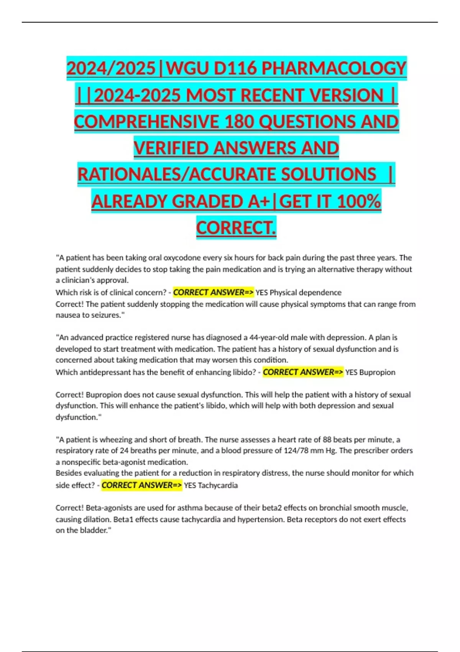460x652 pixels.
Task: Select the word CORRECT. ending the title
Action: coord(236,227)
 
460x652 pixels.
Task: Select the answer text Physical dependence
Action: coord(305,293)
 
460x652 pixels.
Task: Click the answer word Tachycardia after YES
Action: coord(218,485)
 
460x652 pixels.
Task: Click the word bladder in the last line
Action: coord(95,530)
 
